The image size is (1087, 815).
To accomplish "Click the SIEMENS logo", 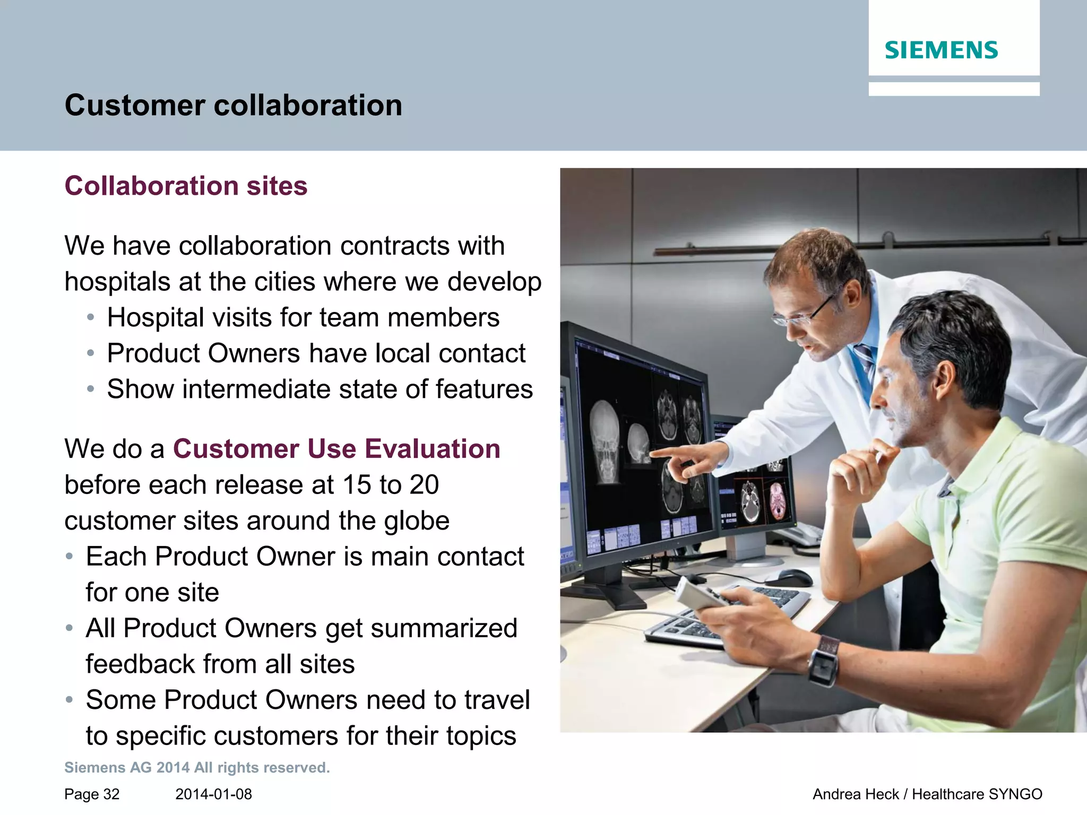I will (x=941, y=50).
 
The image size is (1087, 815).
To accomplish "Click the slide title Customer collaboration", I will (x=233, y=105).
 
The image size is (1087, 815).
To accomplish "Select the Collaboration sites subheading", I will (x=186, y=186).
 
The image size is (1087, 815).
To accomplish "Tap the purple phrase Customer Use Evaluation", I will (x=337, y=449).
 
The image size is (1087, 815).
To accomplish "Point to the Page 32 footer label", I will (x=92, y=794).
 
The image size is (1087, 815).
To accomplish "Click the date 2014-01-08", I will (x=213, y=794).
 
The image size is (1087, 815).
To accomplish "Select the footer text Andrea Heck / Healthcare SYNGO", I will (x=927, y=794).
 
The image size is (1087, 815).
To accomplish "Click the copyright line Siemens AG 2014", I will (x=197, y=768).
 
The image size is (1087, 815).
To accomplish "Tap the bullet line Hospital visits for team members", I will (x=303, y=318).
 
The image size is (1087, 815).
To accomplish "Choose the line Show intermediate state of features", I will (x=320, y=389).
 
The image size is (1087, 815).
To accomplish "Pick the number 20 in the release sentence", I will (x=424, y=485).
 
